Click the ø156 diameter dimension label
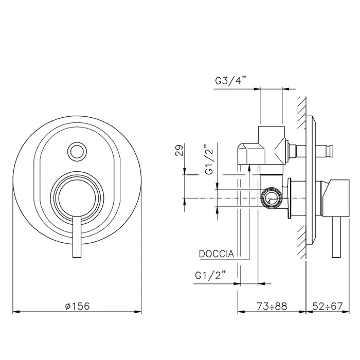[77, 306]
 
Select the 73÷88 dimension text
[272, 306]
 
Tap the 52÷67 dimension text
[328, 306]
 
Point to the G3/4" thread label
[230, 81]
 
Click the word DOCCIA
[217, 254]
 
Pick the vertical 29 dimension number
[180, 150]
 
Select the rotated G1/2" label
[209, 159]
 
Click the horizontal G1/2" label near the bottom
[210, 275]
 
